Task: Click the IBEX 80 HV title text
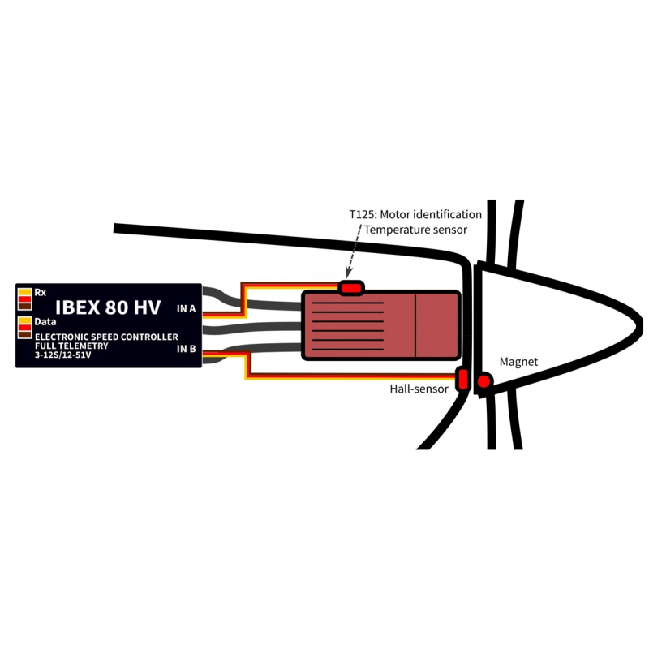pos(108,307)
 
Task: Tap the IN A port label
pos(187,309)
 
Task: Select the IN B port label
pos(187,349)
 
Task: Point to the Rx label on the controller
pos(40,293)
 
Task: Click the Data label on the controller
pos(45,321)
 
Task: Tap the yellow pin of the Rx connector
pos(25,292)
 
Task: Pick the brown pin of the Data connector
pos(25,334)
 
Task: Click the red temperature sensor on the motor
pos(351,288)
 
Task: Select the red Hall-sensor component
pos(462,379)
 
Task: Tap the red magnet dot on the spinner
pos(484,381)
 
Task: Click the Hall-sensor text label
pos(419,389)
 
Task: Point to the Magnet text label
pos(518,362)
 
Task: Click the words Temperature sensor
pos(415,230)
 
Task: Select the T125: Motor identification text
pos(415,214)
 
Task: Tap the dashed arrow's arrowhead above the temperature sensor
pos(349,274)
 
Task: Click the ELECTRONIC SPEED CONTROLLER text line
pos(106,337)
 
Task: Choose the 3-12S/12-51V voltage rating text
pos(63,355)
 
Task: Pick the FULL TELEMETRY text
pos(71,346)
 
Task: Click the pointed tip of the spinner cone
pos(642,324)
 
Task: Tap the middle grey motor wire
pos(251,328)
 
